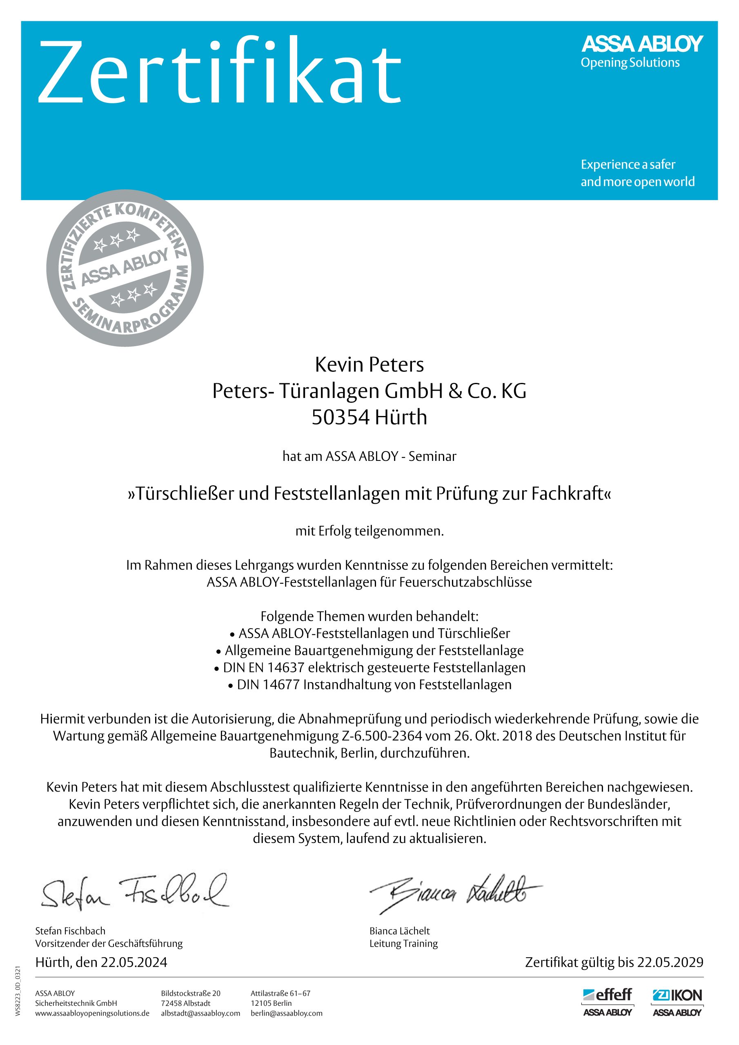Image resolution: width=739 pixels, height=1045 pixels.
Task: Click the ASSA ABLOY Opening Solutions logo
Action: coord(641,51)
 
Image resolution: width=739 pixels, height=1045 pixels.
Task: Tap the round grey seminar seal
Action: coord(125,268)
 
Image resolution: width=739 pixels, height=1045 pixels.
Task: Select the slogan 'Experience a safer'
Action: coord(628,165)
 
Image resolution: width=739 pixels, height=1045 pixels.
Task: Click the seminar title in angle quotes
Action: coord(369,494)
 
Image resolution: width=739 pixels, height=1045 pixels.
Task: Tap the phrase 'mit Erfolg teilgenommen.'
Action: coord(369,531)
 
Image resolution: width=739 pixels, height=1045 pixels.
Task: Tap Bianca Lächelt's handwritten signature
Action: coord(455,893)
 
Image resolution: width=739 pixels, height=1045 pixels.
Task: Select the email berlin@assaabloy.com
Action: coord(286,1013)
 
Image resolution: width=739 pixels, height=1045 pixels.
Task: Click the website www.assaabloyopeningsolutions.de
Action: coord(92,1013)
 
